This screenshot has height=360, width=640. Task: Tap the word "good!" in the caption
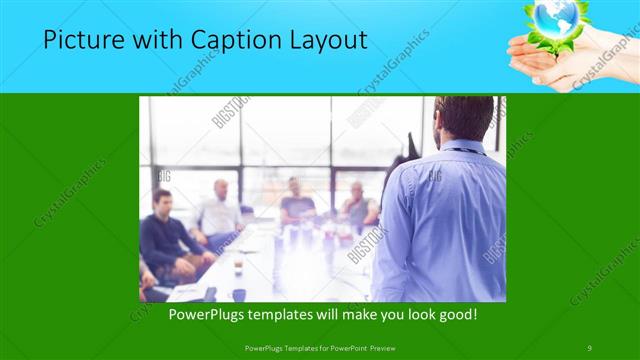click(454, 314)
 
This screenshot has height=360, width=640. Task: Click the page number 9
click(589, 347)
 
